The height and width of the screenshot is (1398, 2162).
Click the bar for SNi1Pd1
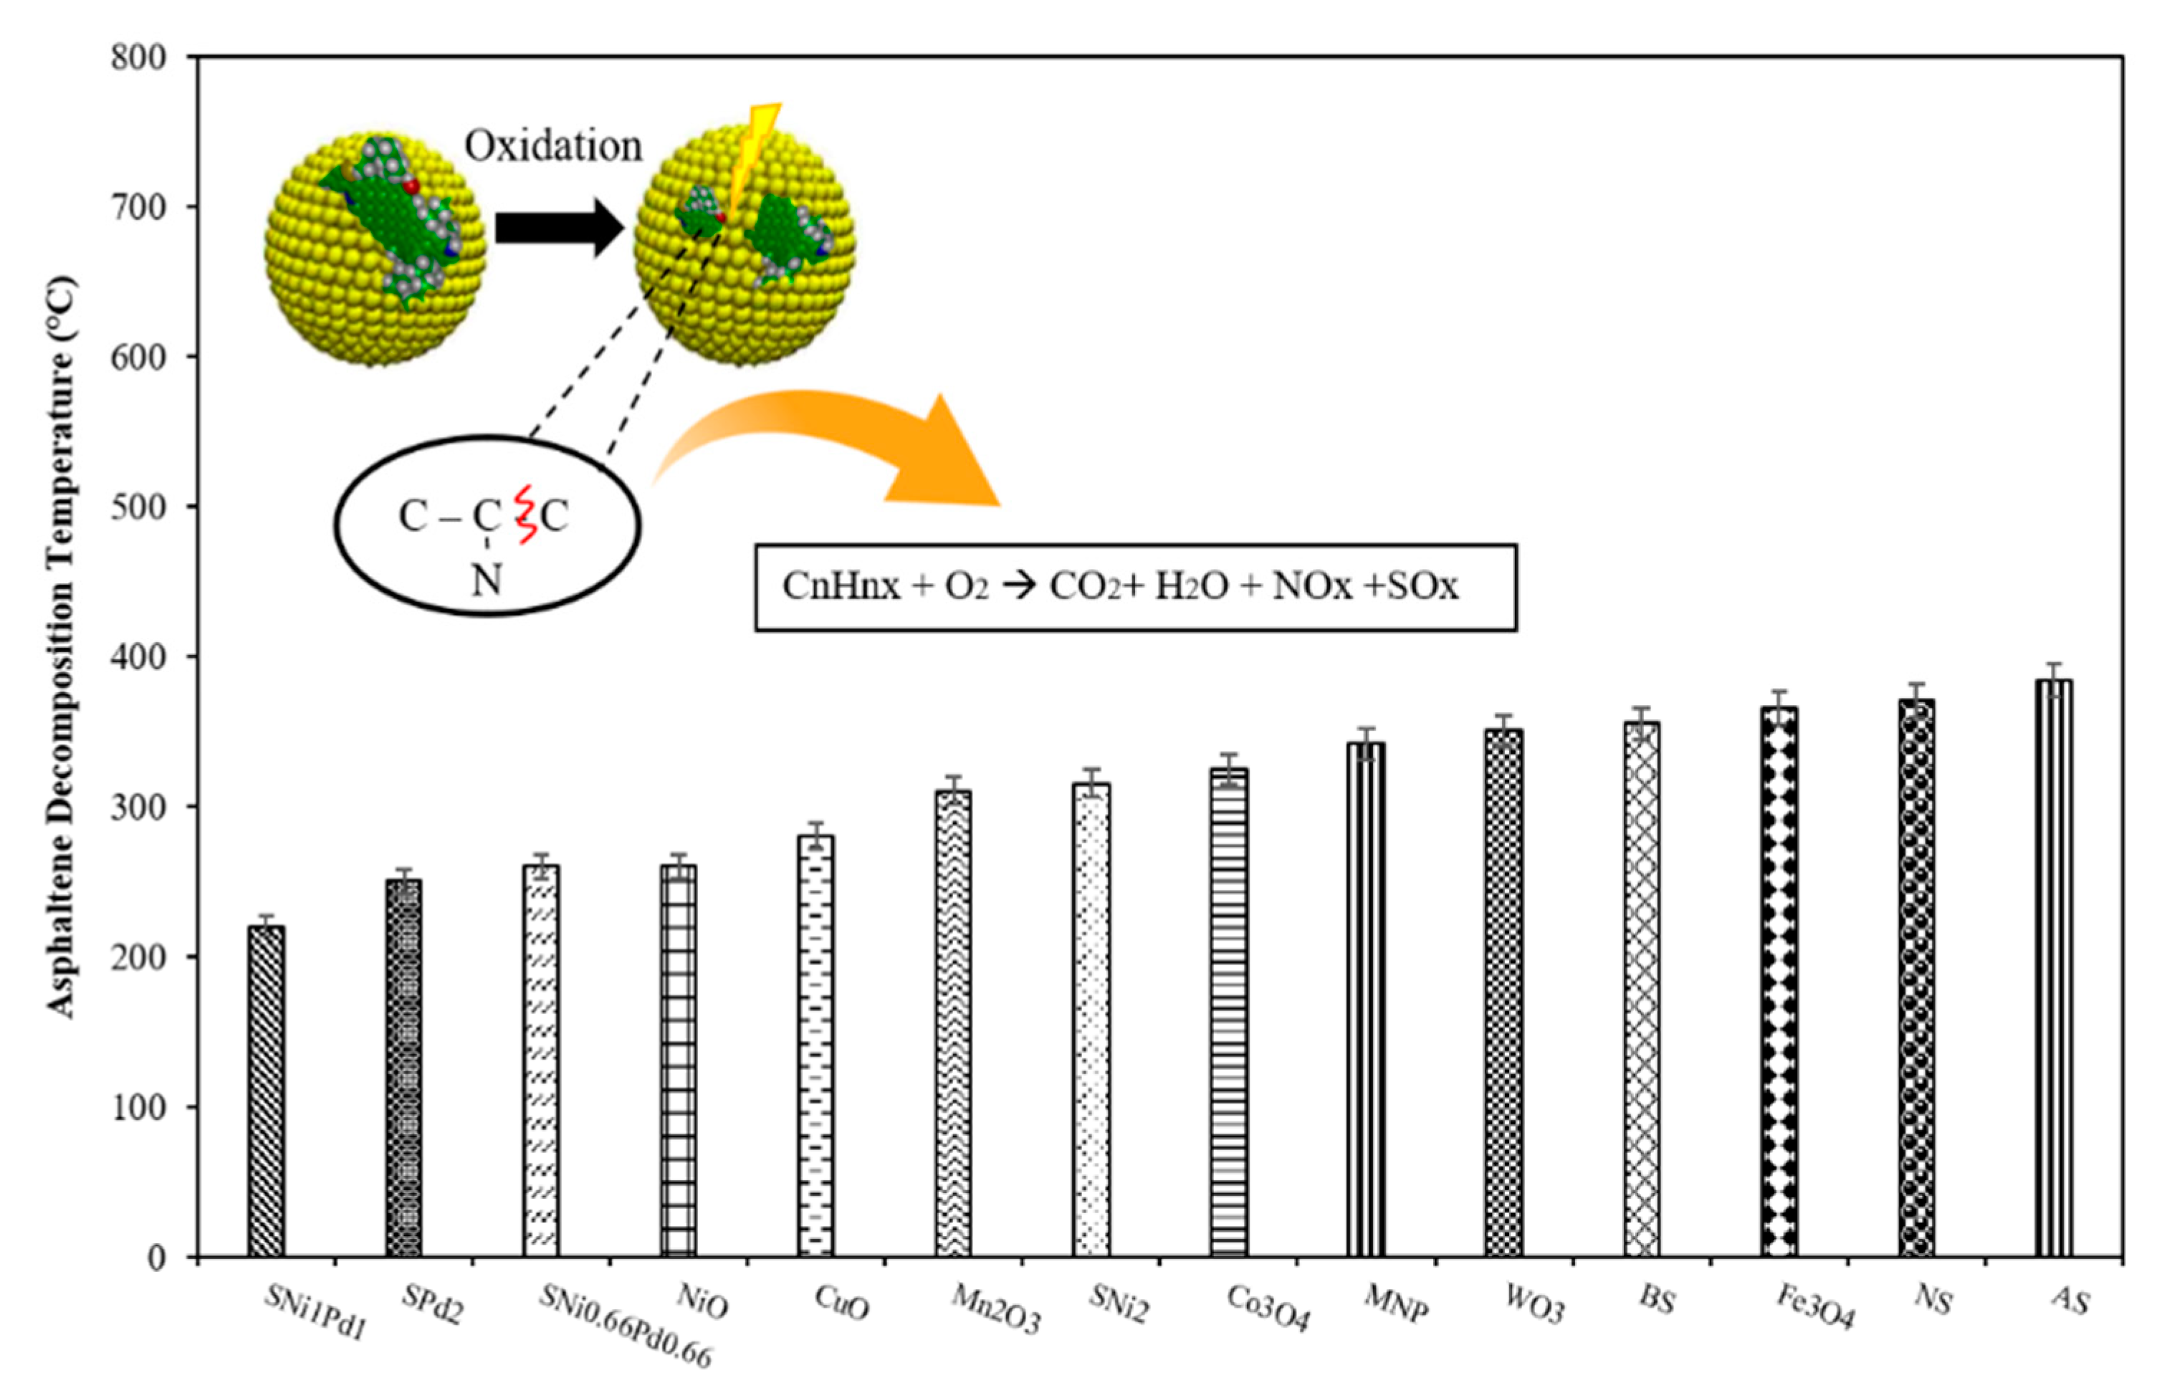266,1089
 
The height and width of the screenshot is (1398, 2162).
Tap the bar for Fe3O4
1779,980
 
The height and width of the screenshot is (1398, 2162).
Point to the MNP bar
1366,999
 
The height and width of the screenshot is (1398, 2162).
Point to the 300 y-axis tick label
138,807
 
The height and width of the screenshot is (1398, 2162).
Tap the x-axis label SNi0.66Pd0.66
626,1326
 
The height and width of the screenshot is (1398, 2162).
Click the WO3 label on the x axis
1534,1305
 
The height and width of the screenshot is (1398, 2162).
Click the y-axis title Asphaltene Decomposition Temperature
62,646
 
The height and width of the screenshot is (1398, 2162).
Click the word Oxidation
554,146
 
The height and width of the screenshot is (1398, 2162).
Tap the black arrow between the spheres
559,227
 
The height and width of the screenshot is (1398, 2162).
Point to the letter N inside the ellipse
487,579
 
